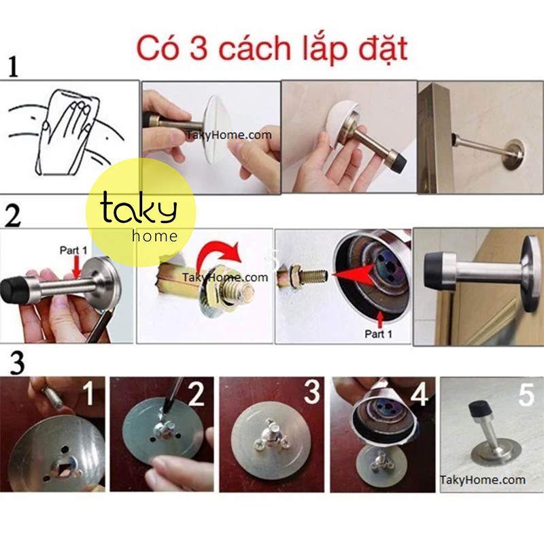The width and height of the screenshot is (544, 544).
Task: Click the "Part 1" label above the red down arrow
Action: click(x=73, y=250)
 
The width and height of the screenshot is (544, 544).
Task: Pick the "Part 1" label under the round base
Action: click(x=379, y=333)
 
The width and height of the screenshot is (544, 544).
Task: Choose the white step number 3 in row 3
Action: click(x=312, y=393)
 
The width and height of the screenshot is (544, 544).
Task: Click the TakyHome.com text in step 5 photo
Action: click(x=483, y=479)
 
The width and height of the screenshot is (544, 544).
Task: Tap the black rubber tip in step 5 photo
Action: click(x=479, y=410)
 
